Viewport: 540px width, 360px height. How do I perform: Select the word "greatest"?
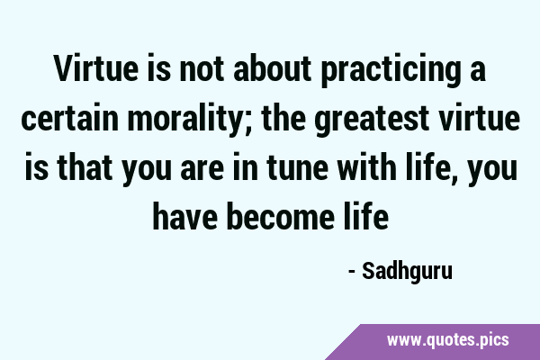coord(371,118)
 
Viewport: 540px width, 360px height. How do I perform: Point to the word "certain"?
coord(70,118)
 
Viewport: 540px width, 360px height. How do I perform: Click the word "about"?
coord(273,68)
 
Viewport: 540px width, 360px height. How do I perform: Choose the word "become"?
coord(280,216)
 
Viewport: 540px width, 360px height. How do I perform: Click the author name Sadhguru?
coord(407,272)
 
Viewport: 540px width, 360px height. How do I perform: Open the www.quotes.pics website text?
coord(447,340)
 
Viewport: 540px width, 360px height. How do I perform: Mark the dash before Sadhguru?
coord(352,272)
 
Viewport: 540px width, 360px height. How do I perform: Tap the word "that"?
coord(85,166)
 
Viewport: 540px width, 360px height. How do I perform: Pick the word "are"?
coord(202,170)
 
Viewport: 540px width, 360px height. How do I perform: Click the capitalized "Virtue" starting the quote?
coord(95,68)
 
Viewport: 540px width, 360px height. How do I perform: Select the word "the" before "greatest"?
coord(283,117)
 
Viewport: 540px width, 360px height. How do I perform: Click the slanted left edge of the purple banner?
coord(343,342)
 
